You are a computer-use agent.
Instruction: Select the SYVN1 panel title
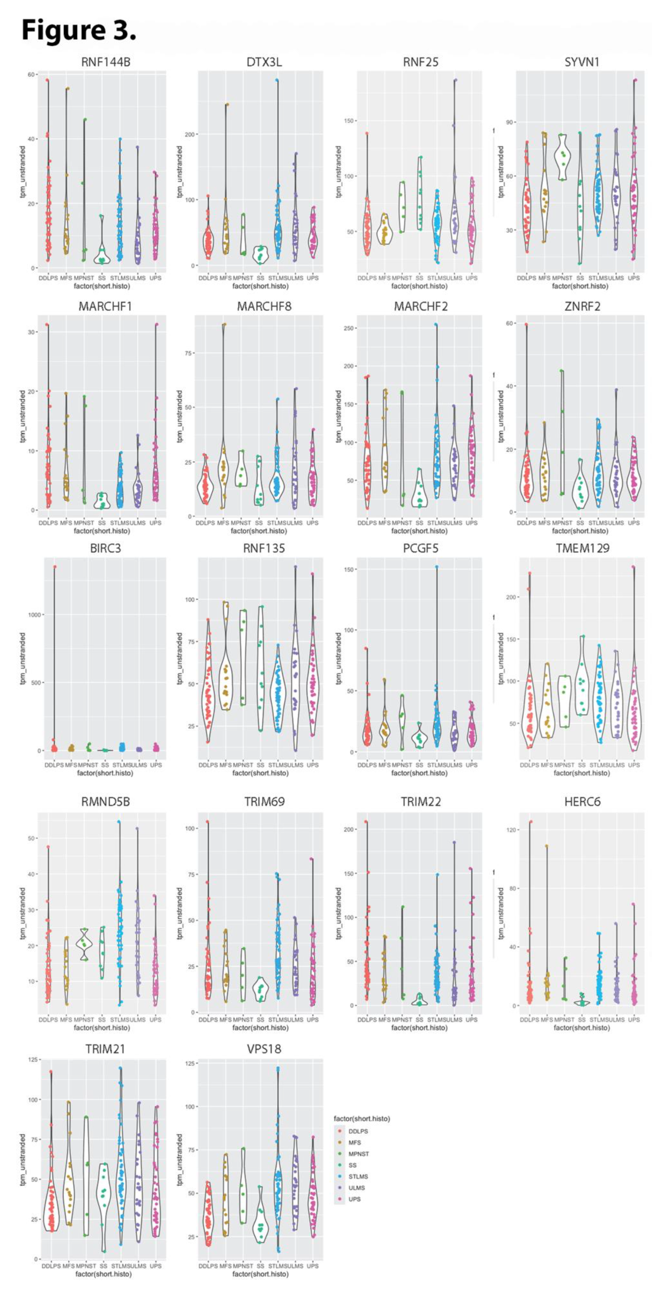[582, 62]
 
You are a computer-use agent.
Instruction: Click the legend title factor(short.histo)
[362, 1119]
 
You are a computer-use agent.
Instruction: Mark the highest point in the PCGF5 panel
[437, 567]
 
